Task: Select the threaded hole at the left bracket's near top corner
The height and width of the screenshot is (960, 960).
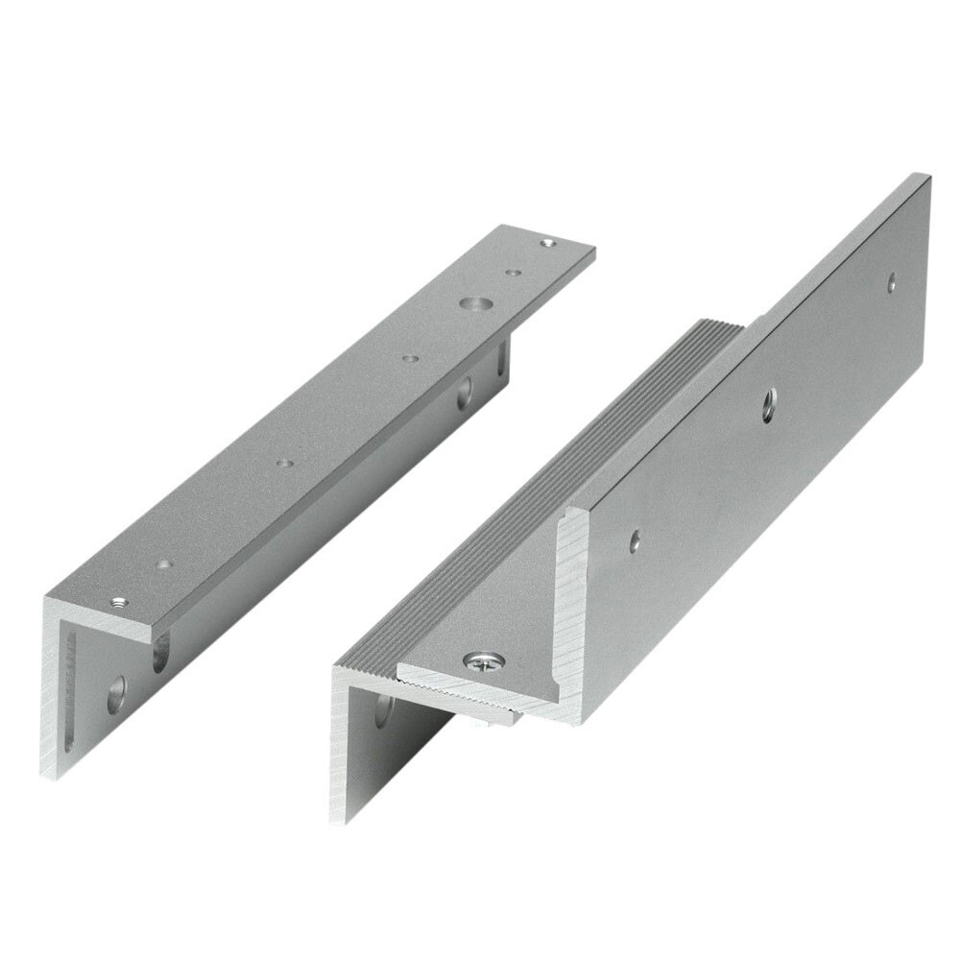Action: (x=118, y=603)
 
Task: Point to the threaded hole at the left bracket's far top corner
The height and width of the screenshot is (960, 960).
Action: (x=547, y=244)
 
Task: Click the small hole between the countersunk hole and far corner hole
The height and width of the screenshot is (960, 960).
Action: (x=514, y=273)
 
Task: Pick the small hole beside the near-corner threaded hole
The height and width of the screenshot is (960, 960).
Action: (x=163, y=564)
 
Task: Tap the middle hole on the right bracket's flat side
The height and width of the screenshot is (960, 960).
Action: (x=768, y=404)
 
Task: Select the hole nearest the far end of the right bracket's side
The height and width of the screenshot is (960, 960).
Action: (x=891, y=282)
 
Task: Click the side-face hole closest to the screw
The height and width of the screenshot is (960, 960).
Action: (x=635, y=541)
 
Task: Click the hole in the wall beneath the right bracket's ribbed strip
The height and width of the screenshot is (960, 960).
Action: (x=384, y=710)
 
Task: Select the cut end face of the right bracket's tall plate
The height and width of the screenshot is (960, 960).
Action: (x=572, y=614)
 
